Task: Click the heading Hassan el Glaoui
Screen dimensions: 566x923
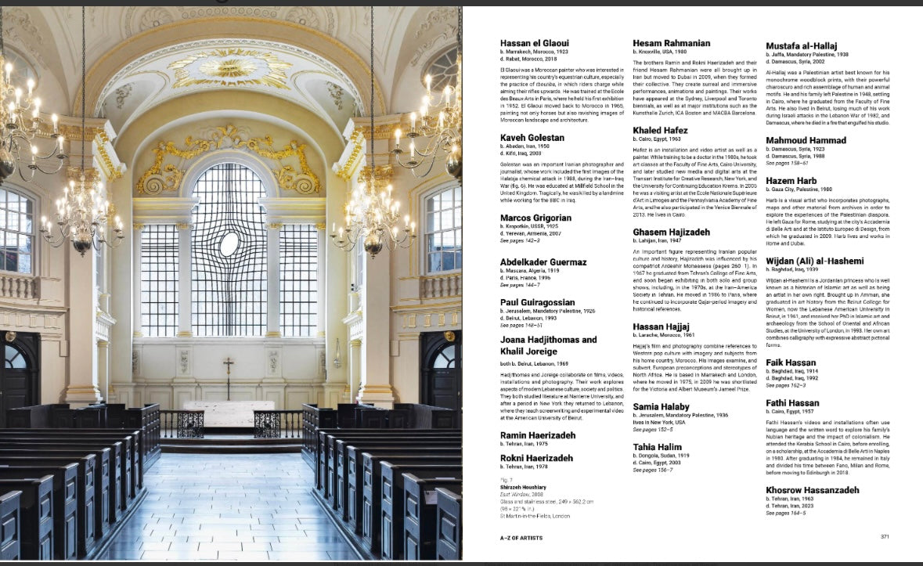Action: click(x=535, y=42)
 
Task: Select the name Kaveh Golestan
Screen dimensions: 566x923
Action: click(x=532, y=138)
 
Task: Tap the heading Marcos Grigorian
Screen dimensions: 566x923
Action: click(x=536, y=218)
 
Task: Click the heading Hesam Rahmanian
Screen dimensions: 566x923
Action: click(x=672, y=43)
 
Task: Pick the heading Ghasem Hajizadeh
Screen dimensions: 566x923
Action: click(x=672, y=233)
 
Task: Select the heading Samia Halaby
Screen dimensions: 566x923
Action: click(x=662, y=406)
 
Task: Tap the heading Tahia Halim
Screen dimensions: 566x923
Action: click(x=657, y=446)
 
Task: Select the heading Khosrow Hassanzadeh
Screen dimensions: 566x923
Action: click(x=813, y=490)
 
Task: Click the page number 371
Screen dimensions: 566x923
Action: click(x=885, y=536)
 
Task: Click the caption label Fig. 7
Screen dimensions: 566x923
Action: click(x=507, y=479)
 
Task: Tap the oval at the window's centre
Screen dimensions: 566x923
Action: click(x=229, y=243)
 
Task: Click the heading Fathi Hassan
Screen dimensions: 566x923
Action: click(x=793, y=402)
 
